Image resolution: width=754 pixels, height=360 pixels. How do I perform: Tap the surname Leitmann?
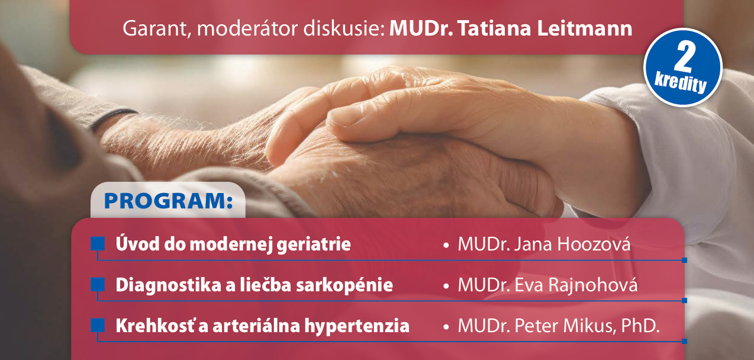(x=585, y=28)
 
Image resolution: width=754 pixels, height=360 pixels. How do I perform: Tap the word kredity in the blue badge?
(x=680, y=83)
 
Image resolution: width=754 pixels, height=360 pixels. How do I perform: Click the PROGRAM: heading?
(x=168, y=201)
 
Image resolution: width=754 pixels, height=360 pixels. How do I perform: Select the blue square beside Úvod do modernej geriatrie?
(x=98, y=243)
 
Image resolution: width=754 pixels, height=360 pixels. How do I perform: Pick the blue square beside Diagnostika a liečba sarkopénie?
(x=98, y=285)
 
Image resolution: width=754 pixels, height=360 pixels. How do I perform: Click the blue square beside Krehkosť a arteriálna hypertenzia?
(x=98, y=325)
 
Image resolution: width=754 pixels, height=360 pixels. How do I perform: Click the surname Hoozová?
(x=594, y=244)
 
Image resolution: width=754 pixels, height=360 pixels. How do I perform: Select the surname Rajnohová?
(x=593, y=285)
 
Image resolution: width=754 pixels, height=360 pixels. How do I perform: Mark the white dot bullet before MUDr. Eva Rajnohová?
(x=446, y=286)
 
